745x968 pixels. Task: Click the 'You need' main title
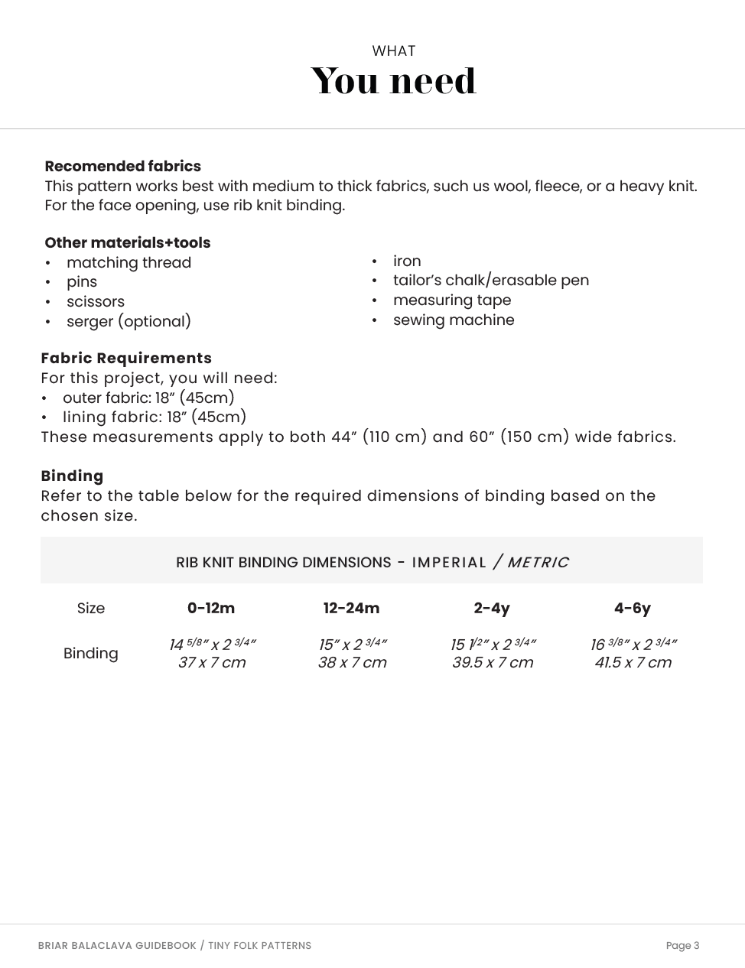393,81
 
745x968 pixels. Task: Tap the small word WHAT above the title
393,51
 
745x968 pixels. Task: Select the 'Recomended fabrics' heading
122,166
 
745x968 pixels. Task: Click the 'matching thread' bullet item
129,262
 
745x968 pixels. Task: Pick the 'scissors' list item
95,301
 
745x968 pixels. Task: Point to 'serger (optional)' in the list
129,321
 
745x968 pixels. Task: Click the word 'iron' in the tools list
407,261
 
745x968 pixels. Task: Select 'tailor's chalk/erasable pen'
490,280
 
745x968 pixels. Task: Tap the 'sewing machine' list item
454,320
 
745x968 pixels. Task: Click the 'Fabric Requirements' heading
126,358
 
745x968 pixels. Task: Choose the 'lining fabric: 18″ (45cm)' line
154,417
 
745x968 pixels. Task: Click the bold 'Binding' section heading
72,476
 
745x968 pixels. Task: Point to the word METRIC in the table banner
538,563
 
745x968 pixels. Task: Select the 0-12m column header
211,608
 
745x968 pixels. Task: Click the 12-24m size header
351,608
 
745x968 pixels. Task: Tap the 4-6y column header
632,608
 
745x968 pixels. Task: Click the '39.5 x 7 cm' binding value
493,662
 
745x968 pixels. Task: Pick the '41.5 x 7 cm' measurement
633,662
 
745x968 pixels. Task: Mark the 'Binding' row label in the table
90,653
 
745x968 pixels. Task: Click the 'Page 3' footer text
682,946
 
